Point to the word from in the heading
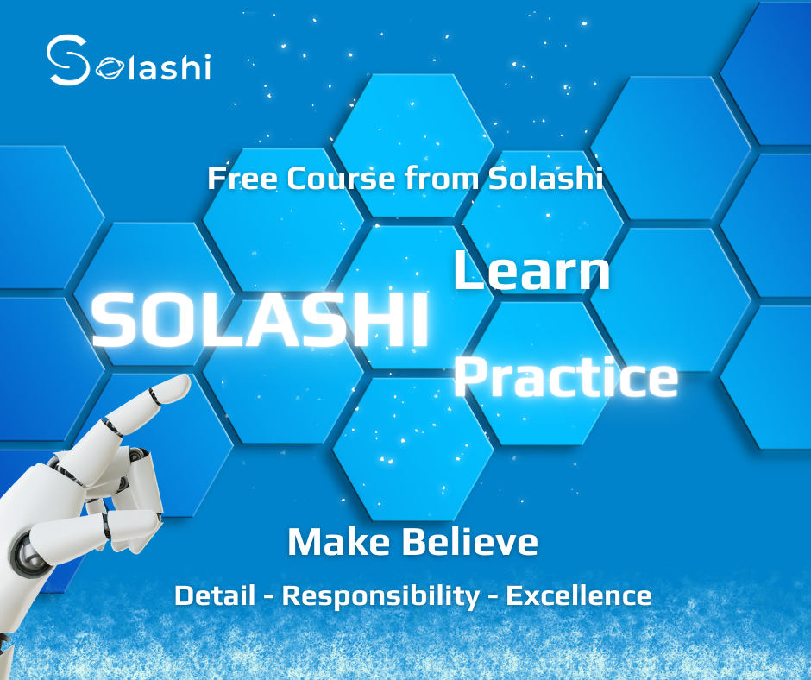443,178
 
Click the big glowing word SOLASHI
261,319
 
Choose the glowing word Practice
566,377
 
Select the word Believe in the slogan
469,542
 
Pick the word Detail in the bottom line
215,595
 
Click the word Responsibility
380,596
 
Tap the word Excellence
579,595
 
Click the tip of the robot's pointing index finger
187,380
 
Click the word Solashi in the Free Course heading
546,178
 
